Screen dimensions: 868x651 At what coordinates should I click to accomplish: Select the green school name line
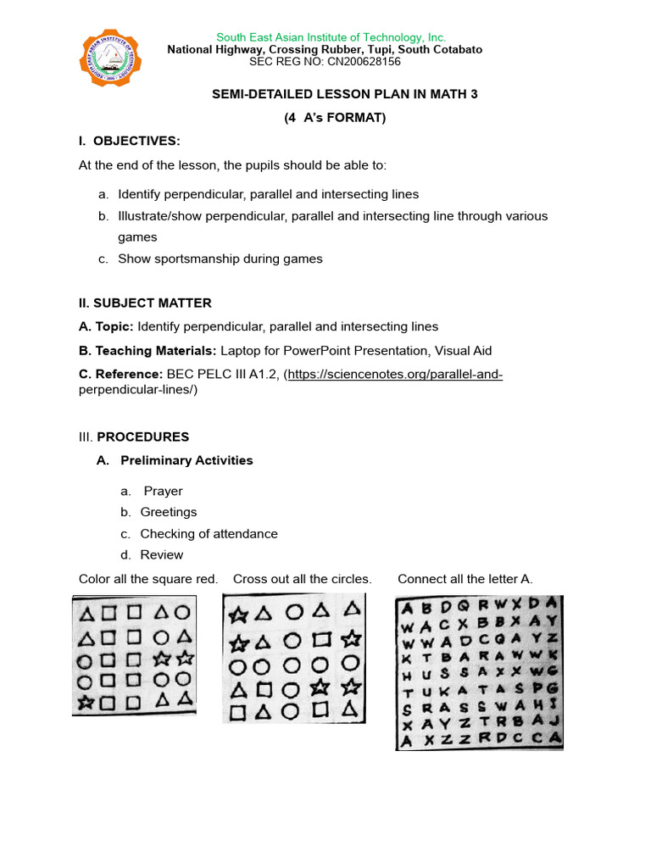(x=331, y=37)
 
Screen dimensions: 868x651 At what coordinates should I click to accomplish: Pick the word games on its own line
(x=137, y=237)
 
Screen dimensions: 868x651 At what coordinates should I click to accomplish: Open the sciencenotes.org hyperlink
(x=395, y=374)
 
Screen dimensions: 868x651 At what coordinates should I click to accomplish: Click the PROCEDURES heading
(x=143, y=437)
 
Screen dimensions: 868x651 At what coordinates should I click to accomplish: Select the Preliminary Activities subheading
(x=186, y=460)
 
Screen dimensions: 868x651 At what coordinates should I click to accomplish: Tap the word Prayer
(x=163, y=491)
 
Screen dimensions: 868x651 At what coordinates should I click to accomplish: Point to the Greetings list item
(x=168, y=512)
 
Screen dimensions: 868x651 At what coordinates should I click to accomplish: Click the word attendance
(x=244, y=533)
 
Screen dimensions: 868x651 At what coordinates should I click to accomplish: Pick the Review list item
(x=161, y=554)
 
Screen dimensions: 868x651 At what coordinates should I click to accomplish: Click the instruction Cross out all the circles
(x=302, y=579)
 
